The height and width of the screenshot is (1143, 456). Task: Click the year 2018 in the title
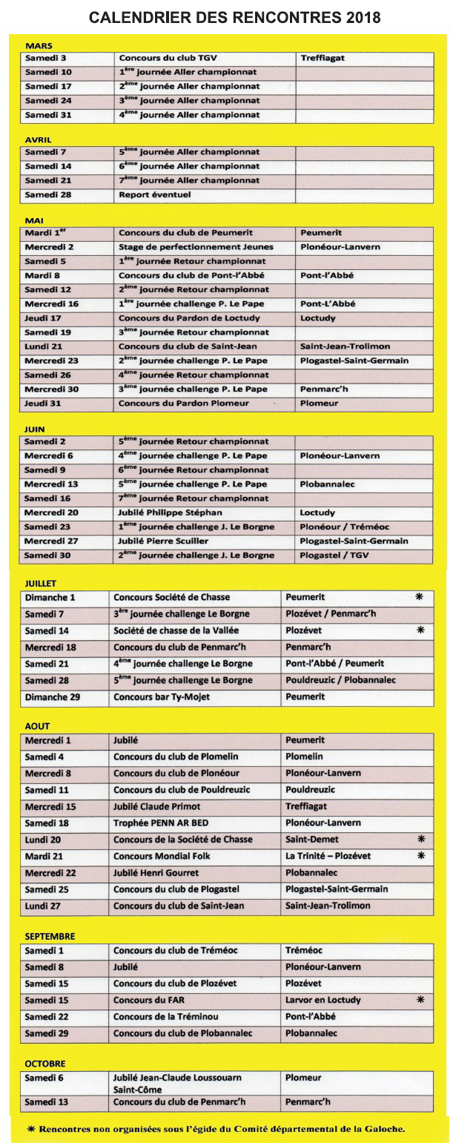[357, 17]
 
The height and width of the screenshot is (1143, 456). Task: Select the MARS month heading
[38, 46]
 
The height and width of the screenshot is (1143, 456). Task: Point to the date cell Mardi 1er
[44, 233]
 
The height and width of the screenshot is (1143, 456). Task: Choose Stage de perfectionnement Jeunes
[196, 247]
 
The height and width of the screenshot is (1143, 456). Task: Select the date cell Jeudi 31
[43, 403]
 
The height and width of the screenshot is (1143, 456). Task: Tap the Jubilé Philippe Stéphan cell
[170, 513]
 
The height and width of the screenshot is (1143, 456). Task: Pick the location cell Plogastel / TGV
[334, 555]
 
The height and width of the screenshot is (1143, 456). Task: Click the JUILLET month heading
[40, 584]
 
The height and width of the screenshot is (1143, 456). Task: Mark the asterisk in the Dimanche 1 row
[420, 596]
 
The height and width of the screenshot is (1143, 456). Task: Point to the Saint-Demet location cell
[311, 840]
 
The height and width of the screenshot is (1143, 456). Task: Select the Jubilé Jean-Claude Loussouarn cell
[177, 1077]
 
